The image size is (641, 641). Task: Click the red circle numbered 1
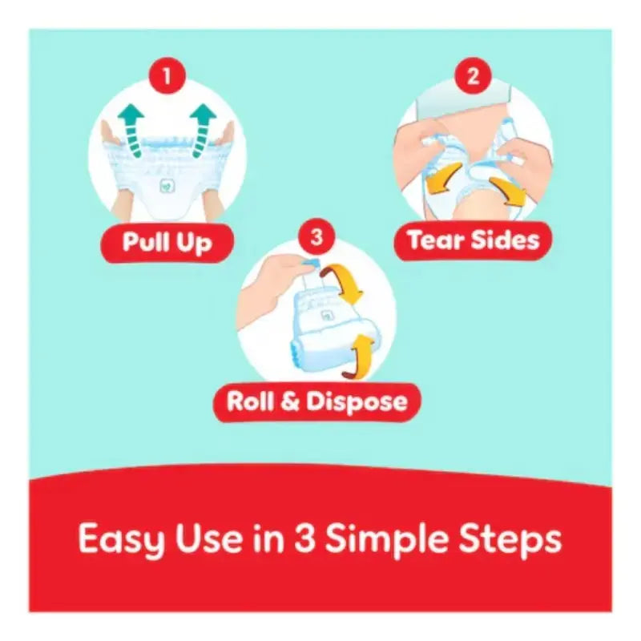coord(167,75)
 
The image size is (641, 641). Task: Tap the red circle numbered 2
coord(473,75)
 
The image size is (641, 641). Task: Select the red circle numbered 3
coord(316,237)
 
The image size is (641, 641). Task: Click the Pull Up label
coord(167,243)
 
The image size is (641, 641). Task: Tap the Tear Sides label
coord(473,240)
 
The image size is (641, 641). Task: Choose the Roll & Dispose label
coord(316,402)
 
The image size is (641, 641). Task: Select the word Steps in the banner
coord(510,538)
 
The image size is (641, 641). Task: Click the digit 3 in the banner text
coord(305,538)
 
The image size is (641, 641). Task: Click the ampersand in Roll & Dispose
coord(290,401)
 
